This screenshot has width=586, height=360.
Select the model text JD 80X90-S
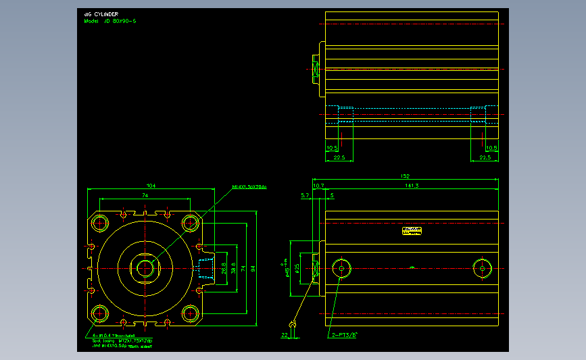click(x=110, y=21)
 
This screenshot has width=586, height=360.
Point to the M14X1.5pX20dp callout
click(x=249, y=186)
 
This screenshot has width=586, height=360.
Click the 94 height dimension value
click(x=253, y=269)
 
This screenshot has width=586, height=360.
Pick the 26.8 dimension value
click(x=224, y=269)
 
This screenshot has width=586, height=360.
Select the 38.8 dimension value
click(x=233, y=269)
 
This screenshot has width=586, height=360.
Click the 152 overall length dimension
click(x=406, y=176)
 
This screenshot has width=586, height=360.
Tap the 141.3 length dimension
click(x=411, y=185)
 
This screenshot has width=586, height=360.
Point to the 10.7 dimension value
click(x=318, y=185)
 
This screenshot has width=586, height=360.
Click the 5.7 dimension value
click(x=304, y=195)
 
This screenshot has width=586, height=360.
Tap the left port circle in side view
click(x=341, y=268)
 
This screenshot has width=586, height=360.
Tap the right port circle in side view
click(x=483, y=268)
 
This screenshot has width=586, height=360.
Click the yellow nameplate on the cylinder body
click(x=412, y=231)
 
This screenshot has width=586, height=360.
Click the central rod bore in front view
click(x=145, y=268)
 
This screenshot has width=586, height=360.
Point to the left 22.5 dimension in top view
click(x=339, y=157)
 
